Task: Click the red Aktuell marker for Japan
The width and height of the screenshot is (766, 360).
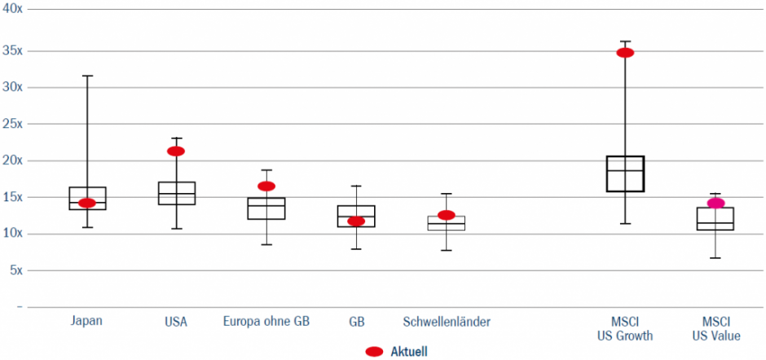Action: point(87,203)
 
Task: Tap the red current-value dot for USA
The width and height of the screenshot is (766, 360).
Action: point(176,151)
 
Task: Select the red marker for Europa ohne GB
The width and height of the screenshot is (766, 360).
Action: point(266,187)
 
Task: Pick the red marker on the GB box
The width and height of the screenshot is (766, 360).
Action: point(356,221)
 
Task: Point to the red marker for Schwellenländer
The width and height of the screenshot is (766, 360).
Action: point(446,215)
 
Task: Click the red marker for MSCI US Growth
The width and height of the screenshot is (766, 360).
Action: point(625,53)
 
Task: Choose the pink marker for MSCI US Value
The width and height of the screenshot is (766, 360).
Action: point(715,203)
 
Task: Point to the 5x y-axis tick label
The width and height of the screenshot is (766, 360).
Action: point(15,270)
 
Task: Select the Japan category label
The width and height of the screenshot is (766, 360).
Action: point(87,322)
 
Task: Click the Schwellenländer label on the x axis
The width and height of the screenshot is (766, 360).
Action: point(447,322)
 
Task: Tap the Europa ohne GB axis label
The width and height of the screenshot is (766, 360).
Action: point(266,322)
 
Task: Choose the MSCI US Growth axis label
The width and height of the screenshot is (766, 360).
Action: point(625,328)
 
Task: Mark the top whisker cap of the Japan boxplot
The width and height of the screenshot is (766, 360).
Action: point(87,76)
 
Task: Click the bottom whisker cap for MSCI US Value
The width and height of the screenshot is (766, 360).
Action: point(715,258)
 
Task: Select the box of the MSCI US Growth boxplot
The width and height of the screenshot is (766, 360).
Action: point(625,173)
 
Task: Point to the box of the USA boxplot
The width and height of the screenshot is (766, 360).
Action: point(176,193)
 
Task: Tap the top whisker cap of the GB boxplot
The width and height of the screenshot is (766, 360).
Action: point(356,186)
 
